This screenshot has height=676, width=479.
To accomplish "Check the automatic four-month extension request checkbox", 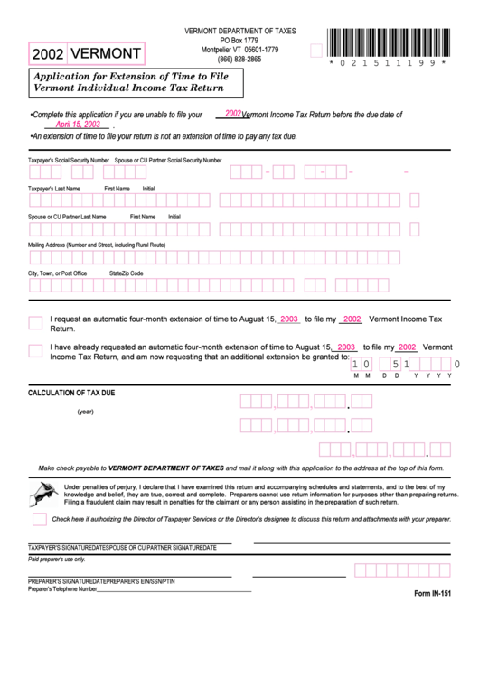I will [x=35, y=323].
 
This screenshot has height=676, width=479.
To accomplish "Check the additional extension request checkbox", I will [x=35, y=350].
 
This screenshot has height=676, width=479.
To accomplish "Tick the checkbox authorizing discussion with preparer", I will [x=39, y=519].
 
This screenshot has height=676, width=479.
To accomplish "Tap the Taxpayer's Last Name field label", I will [x=54, y=188].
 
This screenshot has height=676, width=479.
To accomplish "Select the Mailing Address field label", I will [x=97, y=245].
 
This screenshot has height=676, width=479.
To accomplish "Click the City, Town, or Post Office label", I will [x=58, y=273].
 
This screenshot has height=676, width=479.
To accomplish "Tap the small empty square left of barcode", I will [x=315, y=51].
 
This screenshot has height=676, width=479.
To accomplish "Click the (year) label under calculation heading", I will [x=86, y=412].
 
